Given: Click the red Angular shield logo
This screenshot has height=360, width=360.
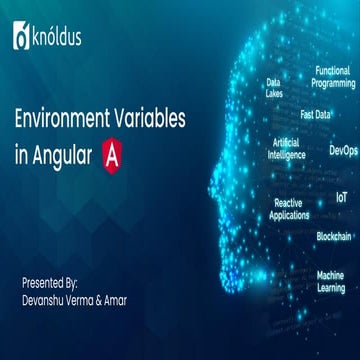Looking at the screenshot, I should tap(115, 156).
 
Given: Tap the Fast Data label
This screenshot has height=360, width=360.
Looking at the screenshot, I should tap(315, 114).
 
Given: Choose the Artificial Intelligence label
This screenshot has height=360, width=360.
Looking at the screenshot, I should tap(285, 149).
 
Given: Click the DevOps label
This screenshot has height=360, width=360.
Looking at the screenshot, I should tap(342, 151).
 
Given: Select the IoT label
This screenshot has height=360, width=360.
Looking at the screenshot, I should tap(342, 198).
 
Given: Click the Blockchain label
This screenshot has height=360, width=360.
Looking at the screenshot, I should tap(333, 236).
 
